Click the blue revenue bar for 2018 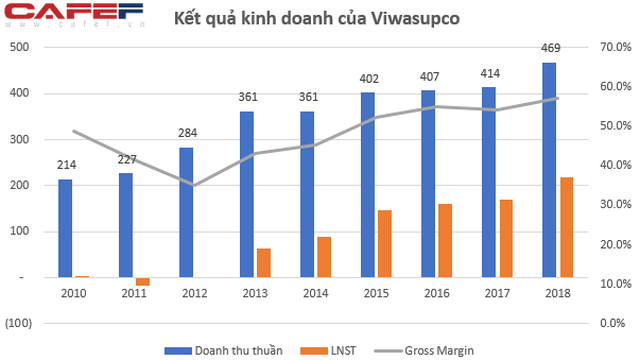pyautogui.click(x=549, y=170)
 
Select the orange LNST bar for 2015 pyautogui.click(x=384, y=244)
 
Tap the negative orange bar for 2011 pyautogui.click(x=143, y=282)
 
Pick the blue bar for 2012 pyautogui.click(x=186, y=213)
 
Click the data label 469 pyautogui.click(x=551, y=48)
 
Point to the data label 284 pyautogui.click(x=188, y=133)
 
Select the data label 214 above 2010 pyautogui.click(x=67, y=165)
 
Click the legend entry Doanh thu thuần pyautogui.click(x=224, y=351)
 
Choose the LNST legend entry pyautogui.click(x=328, y=351)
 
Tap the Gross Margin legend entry pyautogui.click(x=424, y=351)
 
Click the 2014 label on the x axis pyautogui.click(x=316, y=293)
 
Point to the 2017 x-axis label pyautogui.click(x=497, y=293)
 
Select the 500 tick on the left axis pyautogui.click(x=20, y=47)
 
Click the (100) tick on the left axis pyautogui.click(x=18, y=323)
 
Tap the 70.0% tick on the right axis pyautogui.click(x=616, y=47)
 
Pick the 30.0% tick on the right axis pyautogui.click(x=616, y=204)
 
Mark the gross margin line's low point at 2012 pyautogui.click(x=194, y=185)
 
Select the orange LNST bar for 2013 pyautogui.click(x=264, y=263)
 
